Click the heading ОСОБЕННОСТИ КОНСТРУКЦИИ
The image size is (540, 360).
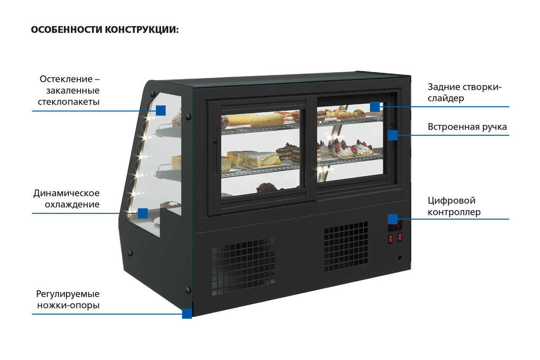click(105, 30)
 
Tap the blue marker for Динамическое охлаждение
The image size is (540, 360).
click(143, 213)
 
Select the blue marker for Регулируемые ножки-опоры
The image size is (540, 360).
click(187, 314)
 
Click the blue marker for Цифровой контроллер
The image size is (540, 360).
click(392, 219)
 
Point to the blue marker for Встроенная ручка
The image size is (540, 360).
click(392, 135)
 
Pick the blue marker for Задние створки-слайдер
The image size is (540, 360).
click(375, 107)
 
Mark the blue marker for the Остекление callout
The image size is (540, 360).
click(160, 111)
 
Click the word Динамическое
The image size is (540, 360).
click(66, 193)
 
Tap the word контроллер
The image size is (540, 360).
click(454, 212)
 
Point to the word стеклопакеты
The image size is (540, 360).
click(69, 102)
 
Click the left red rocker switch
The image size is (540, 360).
click(391, 239)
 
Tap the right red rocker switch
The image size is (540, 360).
click(400, 237)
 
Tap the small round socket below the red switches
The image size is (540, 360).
click(400, 257)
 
